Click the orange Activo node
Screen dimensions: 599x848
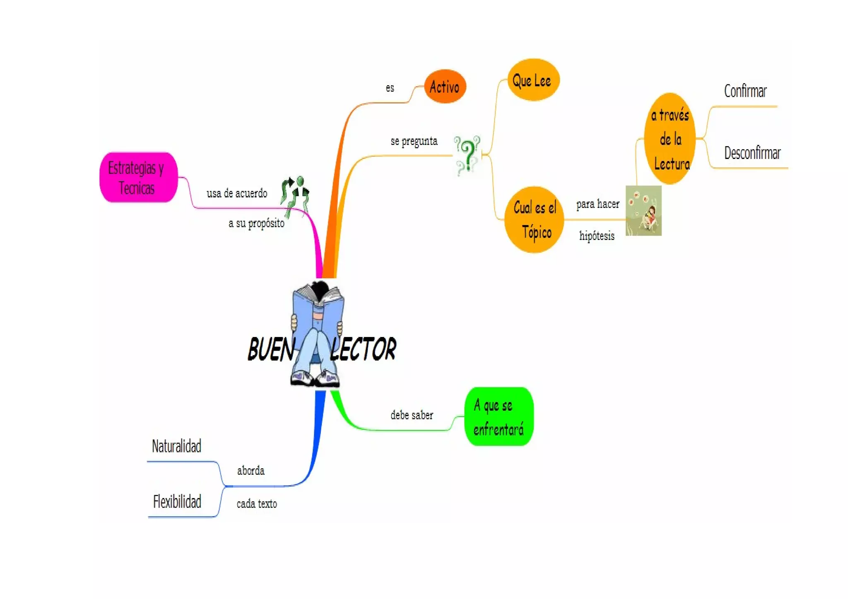pos(445,87)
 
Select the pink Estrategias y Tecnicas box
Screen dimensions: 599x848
pos(138,178)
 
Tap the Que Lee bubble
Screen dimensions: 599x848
pos(532,80)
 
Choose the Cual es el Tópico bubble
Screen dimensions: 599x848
pos(535,220)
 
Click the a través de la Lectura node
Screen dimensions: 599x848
pos(670,139)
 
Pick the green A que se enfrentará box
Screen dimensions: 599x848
pos(499,417)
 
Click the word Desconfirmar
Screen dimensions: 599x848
pos(752,153)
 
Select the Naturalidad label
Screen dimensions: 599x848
pos(176,446)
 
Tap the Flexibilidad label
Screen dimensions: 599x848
pos(177,502)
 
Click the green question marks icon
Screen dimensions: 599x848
pos(467,154)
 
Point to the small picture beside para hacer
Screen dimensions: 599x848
pos(643,211)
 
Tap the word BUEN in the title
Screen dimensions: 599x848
pos(271,349)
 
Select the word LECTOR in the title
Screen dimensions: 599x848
pos(363,349)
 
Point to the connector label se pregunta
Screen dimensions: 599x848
pos(414,141)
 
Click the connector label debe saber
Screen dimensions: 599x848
pos(412,415)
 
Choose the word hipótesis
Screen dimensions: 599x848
pos(597,236)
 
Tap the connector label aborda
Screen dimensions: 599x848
pos(251,471)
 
